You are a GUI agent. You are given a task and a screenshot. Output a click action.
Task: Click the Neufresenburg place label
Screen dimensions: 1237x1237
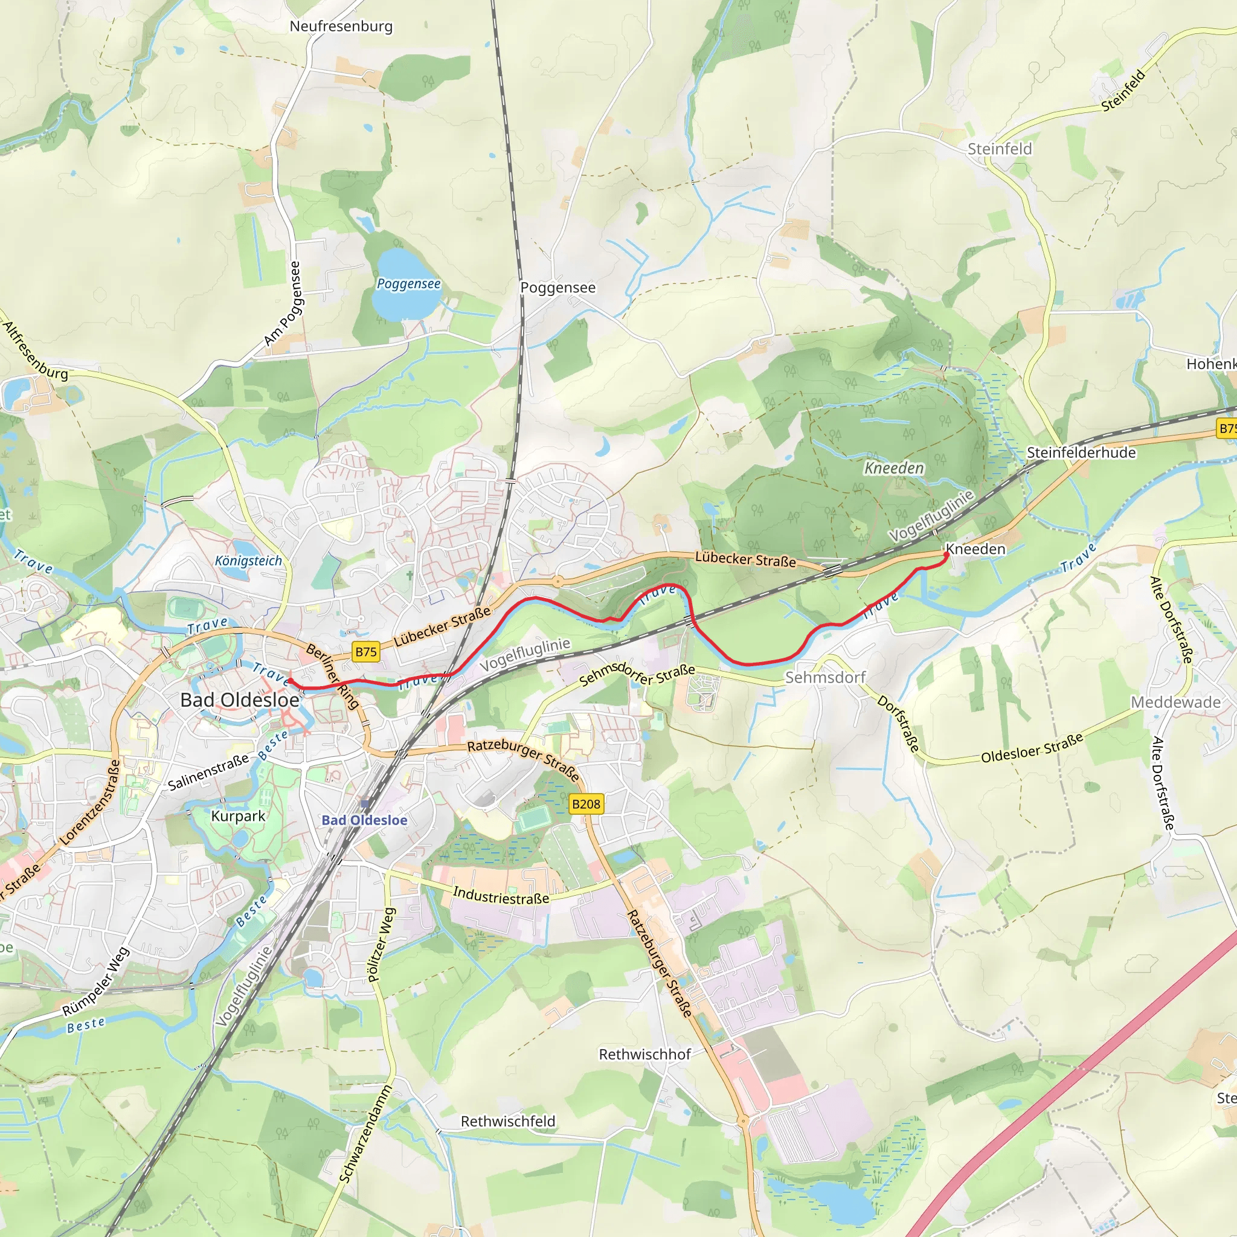coord(341,26)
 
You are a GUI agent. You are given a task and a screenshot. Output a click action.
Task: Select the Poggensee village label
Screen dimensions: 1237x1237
coord(557,288)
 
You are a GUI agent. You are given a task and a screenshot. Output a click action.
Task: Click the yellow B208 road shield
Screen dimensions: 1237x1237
coord(586,804)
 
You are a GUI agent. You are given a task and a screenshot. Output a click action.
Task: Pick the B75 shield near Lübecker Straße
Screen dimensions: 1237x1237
coord(365,652)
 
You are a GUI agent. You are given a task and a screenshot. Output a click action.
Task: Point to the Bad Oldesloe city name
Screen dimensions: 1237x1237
coord(239,700)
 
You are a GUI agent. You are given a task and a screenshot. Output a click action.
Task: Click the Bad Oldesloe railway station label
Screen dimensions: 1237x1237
coord(364,820)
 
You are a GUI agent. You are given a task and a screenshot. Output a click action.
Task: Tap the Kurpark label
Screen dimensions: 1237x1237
coord(238,815)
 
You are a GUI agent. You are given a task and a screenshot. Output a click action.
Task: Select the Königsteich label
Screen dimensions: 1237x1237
coord(248,561)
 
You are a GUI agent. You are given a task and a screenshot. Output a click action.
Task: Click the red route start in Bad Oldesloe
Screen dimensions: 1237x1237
coord(290,681)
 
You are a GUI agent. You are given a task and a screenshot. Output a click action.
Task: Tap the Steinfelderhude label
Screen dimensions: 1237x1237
coord(1081,452)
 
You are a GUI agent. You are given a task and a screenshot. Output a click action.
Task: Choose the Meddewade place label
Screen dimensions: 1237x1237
coord(1175,702)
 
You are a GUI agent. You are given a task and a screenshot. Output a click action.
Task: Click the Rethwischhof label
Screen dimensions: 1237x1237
coord(644,1054)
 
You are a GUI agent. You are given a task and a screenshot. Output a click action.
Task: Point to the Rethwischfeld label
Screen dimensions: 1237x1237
coord(508,1121)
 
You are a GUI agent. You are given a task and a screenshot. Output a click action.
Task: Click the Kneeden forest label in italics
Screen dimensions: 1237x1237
coord(894,468)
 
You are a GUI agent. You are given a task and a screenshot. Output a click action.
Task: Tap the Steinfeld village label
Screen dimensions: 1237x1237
coord(1000,149)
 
